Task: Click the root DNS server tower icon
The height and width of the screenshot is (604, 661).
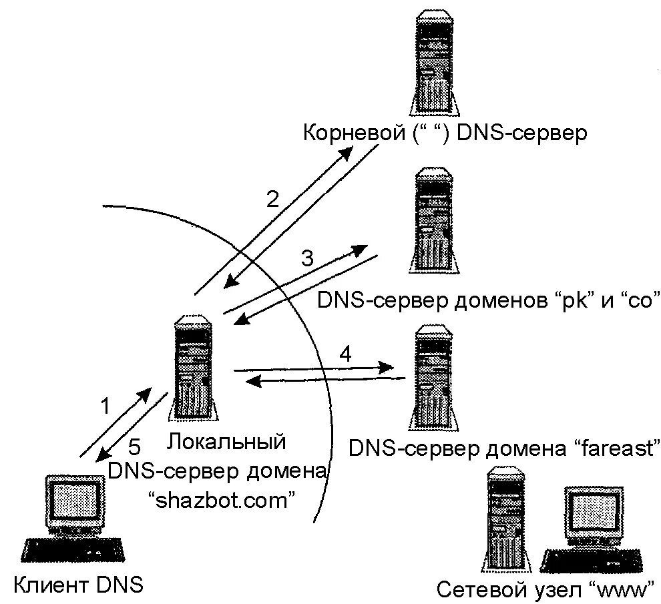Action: click(435, 63)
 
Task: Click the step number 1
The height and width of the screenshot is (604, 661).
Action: click(105, 405)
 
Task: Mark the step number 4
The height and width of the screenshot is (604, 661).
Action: click(345, 354)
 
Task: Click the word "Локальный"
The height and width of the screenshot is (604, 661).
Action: click(228, 441)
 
